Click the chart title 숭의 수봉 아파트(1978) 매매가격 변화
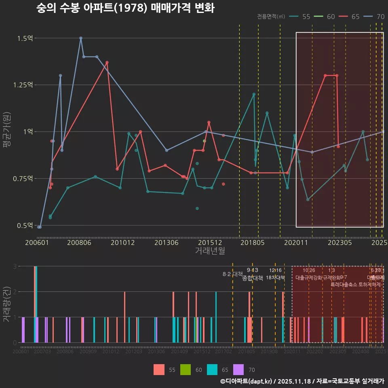tap(125, 8)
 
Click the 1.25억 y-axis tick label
tap(23, 85)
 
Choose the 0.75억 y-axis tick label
tap(23, 179)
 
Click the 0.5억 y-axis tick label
tap(25, 225)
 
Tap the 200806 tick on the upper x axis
tap(79, 242)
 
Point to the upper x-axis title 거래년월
tap(210, 251)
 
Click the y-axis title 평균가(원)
tap(7, 131)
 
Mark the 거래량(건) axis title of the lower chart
tap(7, 304)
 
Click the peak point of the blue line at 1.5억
tap(81, 38)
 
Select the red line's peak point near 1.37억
tap(107, 62)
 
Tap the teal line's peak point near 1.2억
tap(254, 94)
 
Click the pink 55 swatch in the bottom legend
tap(159, 369)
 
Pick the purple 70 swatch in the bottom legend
tap(238, 369)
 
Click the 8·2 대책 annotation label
tap(232, 274)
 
